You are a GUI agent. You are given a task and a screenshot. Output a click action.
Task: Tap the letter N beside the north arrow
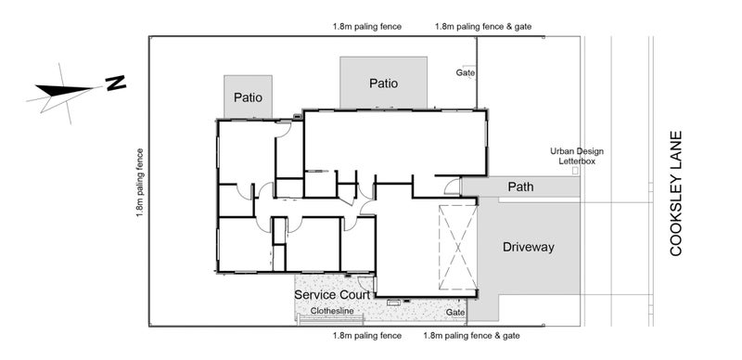[x=116, y=84]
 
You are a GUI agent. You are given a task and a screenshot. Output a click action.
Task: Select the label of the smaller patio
[x=248, y=96]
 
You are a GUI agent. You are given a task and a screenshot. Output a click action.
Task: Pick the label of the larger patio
[x=383, y=83]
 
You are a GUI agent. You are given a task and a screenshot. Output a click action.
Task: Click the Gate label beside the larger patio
[x=465, y=71]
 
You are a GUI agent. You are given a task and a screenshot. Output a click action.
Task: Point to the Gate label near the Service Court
[x=454, y=313]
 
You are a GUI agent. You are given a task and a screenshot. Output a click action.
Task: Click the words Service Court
[x=333, y=294]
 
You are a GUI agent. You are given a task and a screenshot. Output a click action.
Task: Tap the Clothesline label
[x=332, y=312]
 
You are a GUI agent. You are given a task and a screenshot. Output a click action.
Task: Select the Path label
[x=520, y=187]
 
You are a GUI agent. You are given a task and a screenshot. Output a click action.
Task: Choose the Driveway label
[x=528, y=248]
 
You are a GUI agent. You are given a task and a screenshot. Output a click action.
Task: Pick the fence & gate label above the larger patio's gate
[x=482, y=27]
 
